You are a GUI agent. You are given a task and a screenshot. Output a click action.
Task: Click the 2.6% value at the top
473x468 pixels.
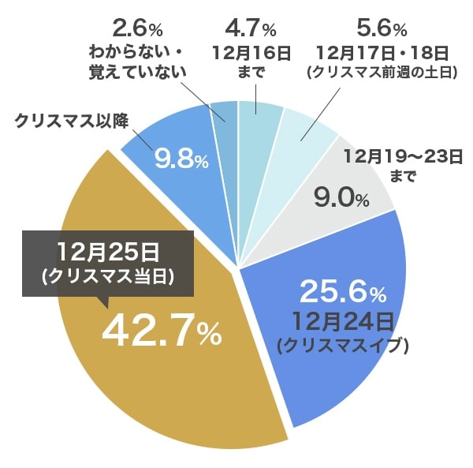138,29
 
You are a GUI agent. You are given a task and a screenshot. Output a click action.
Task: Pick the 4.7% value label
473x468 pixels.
250,29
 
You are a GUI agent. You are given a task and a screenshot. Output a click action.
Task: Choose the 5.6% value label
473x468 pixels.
382,29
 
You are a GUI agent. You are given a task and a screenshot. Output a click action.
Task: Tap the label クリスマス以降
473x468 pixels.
72,120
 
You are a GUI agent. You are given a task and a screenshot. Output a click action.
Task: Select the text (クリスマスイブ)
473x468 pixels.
341,345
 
